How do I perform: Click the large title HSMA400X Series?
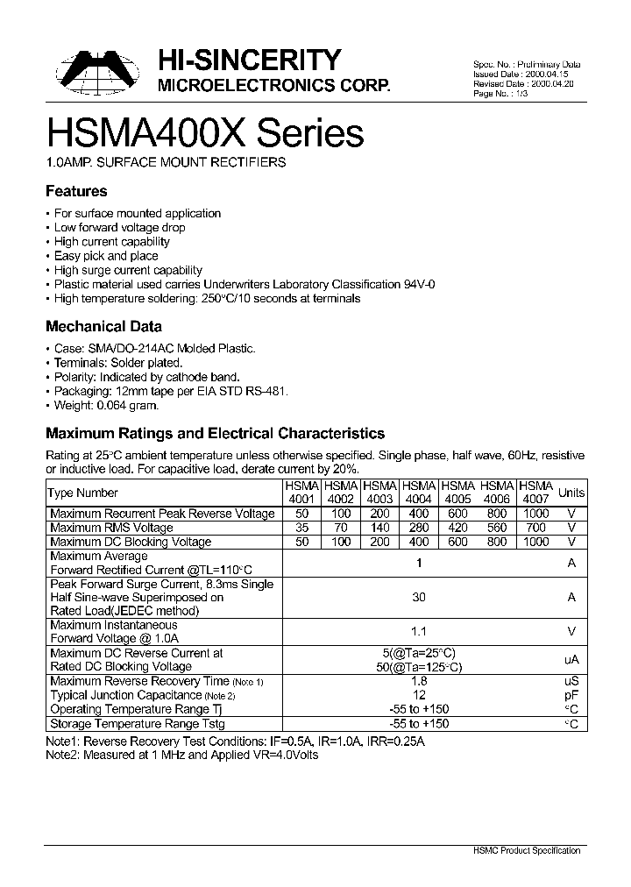coord(204,133)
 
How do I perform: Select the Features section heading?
coord(76,191)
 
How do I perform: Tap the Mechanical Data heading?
coord(103,326)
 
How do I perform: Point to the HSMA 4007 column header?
coord(535,493)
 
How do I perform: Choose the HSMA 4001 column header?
coord(301,493)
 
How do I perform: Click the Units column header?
coord(571,493)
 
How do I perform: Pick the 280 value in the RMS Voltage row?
coord(419,528)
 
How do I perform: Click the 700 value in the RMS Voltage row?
coord(535,528)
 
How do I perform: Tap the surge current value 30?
coord(419,597)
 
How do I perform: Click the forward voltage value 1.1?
coord(419,631)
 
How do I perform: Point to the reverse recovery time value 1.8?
coord(419,681)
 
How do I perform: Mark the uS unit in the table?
coord(571,681)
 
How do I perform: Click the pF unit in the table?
coord(571,695)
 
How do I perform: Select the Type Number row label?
coord(83,493)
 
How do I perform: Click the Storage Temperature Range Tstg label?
coord(138,724)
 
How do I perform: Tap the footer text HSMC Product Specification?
coord(532,850)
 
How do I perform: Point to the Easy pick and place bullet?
coord(106,256)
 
